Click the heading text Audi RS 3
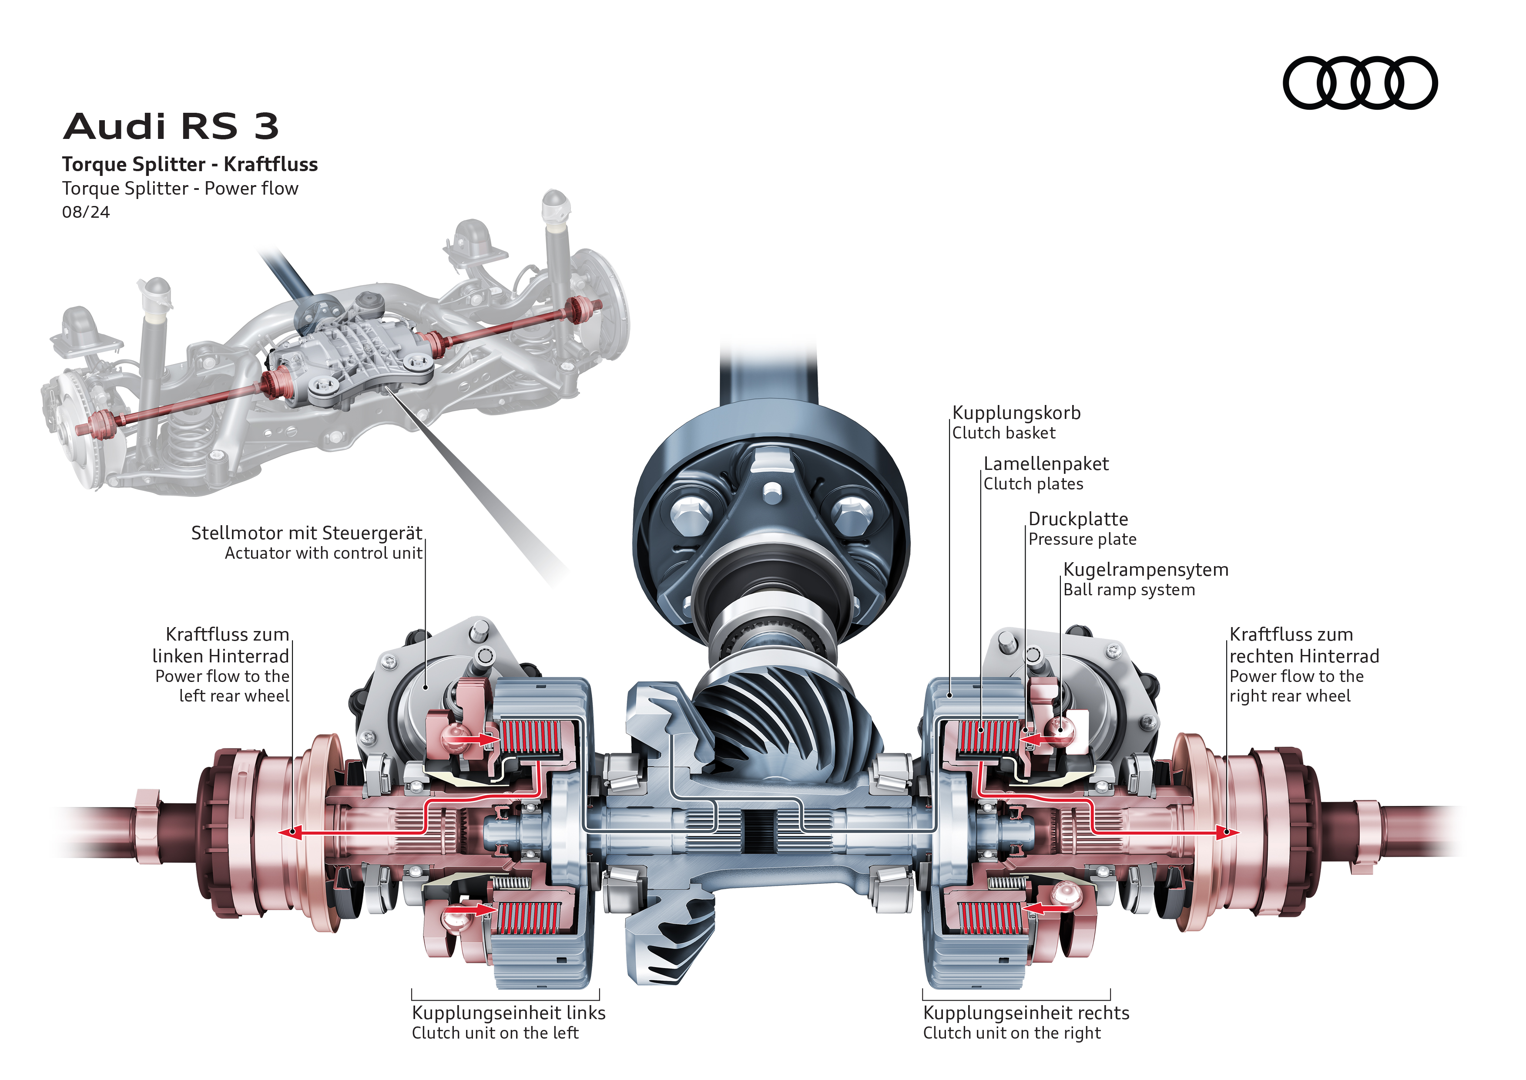[x=171, y=126]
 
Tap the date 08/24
[x=86, y=212]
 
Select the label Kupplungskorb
[x=1016, y=413]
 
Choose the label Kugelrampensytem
[x=1145, y=570]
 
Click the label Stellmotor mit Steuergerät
[x=306, y=533]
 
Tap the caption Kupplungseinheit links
[x=508, y=1013]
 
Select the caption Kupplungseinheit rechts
[x=1026, y=1013]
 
